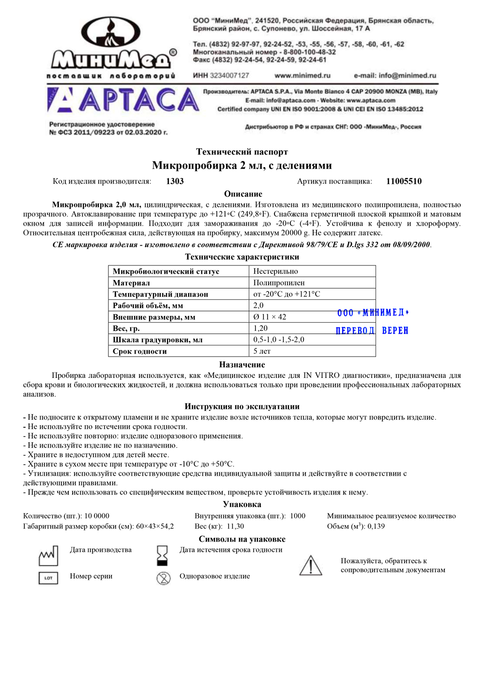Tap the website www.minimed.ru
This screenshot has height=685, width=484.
click(x=302, y=76)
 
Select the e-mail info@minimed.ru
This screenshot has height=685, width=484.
click(x=395, y=76)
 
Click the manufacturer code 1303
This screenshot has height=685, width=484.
click(x=175, y=181)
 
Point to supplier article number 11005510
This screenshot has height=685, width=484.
click(x=404, y=181)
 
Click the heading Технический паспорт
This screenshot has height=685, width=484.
click(x=242, y=152)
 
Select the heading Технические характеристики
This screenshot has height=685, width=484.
click(x=242, y=257)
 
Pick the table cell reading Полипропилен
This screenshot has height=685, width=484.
click(x=279, y=282)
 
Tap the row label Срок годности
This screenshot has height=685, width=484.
click(x=140, y=351)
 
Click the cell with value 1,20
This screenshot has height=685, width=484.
click(x=260, y=328)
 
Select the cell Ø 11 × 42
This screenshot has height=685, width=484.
click(x=270, y=317)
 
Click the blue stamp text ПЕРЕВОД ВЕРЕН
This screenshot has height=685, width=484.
click(x=372, y=330)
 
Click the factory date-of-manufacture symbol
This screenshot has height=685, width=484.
click(x=48, y=556)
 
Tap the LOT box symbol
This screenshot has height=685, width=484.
click(x=48, y=578)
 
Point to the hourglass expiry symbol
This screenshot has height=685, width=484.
click(x=163, y=556)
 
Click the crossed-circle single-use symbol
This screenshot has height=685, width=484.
click(x=164, y=578)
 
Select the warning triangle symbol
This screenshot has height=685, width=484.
click(x=311, y=565)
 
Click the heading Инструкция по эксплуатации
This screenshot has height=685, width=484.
click(x=242, y=406)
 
